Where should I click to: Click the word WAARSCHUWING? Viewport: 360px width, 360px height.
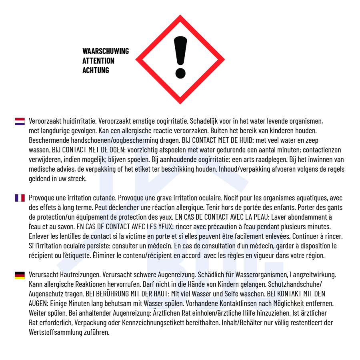[x=106, y=51]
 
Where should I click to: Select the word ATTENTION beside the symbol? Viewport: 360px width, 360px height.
[x=98, y=61]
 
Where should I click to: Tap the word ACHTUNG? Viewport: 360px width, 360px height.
[x=96, y=70]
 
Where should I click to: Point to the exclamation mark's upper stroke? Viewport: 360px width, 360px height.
[x=180, y=50]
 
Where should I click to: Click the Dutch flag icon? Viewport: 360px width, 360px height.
[x=20, y=121]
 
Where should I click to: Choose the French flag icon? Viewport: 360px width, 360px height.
[x=20, y=198]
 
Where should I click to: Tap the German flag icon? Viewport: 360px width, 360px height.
[x=20, y=275]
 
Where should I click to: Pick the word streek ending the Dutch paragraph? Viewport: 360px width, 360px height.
[x=76, y=178]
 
